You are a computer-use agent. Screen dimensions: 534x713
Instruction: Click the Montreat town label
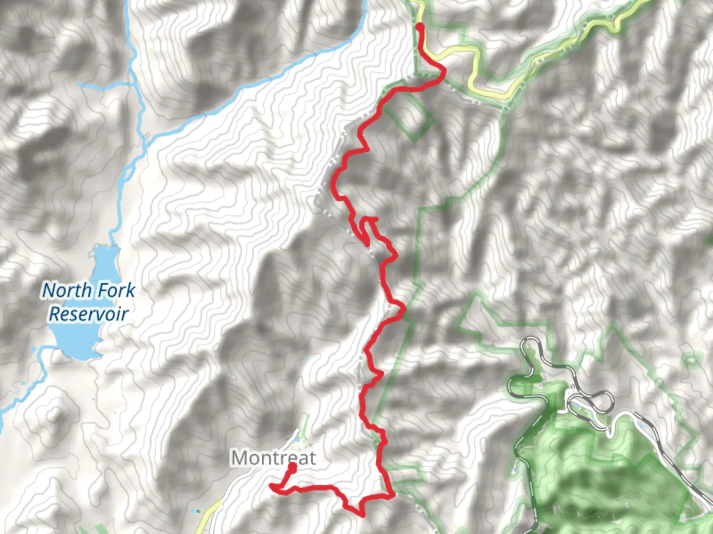pyautogui.click(x=273, y=458)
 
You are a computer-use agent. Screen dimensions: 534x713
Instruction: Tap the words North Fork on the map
pyautogui.click(x=88, y=290)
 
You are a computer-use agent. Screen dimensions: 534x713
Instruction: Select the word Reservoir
pyautogui.click(x=89, y=314)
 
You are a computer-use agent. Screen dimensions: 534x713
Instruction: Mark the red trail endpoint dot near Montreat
pyautogui.click(x=292, y=467)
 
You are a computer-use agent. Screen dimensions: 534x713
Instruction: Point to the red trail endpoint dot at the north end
pyautogui.click(x=420, y=26)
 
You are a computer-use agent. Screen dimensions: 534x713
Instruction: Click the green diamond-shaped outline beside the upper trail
pyautogui.click(x=409, y=116)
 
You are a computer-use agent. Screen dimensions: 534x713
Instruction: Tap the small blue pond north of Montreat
pyautogui.click(x=297, y=439)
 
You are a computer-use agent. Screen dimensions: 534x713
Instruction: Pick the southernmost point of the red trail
pyautogui.click(x=362, y=515)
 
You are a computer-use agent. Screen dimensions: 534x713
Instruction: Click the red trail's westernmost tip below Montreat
pyautogui.click(x=271, y=487)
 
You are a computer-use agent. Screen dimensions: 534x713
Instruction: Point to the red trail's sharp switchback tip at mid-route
pyautogui.click(x=366, y=242)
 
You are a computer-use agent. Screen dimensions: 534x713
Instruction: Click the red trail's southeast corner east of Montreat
pyautogui.click(x=393, y=494)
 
